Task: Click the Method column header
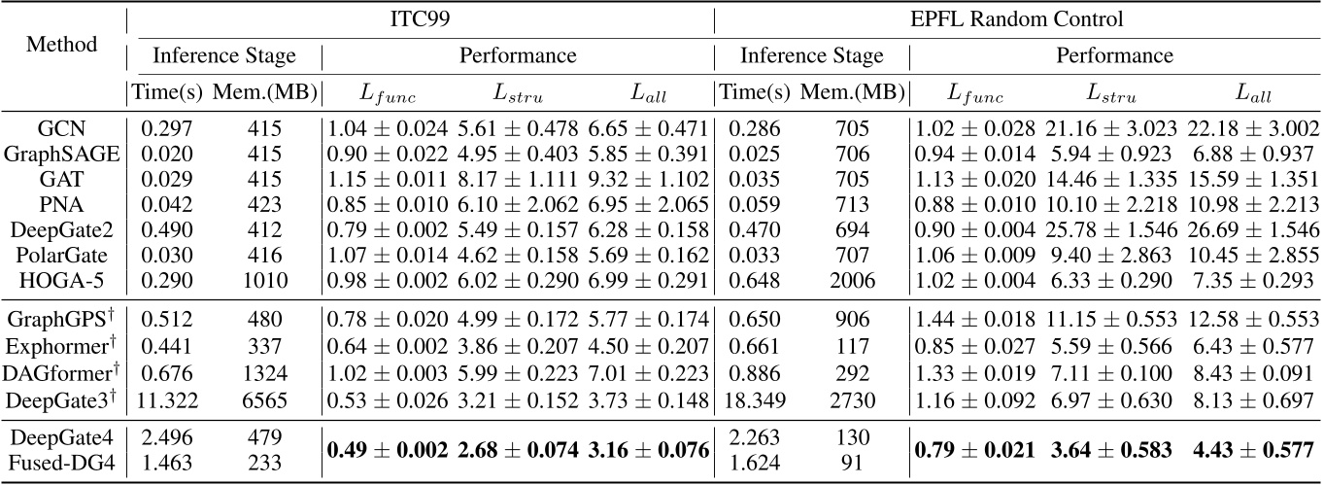click(62, 45)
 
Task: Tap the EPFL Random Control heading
click(1018, 17)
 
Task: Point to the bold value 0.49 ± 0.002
click(387, 452)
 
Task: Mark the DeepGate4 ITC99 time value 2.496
click(166, 439)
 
